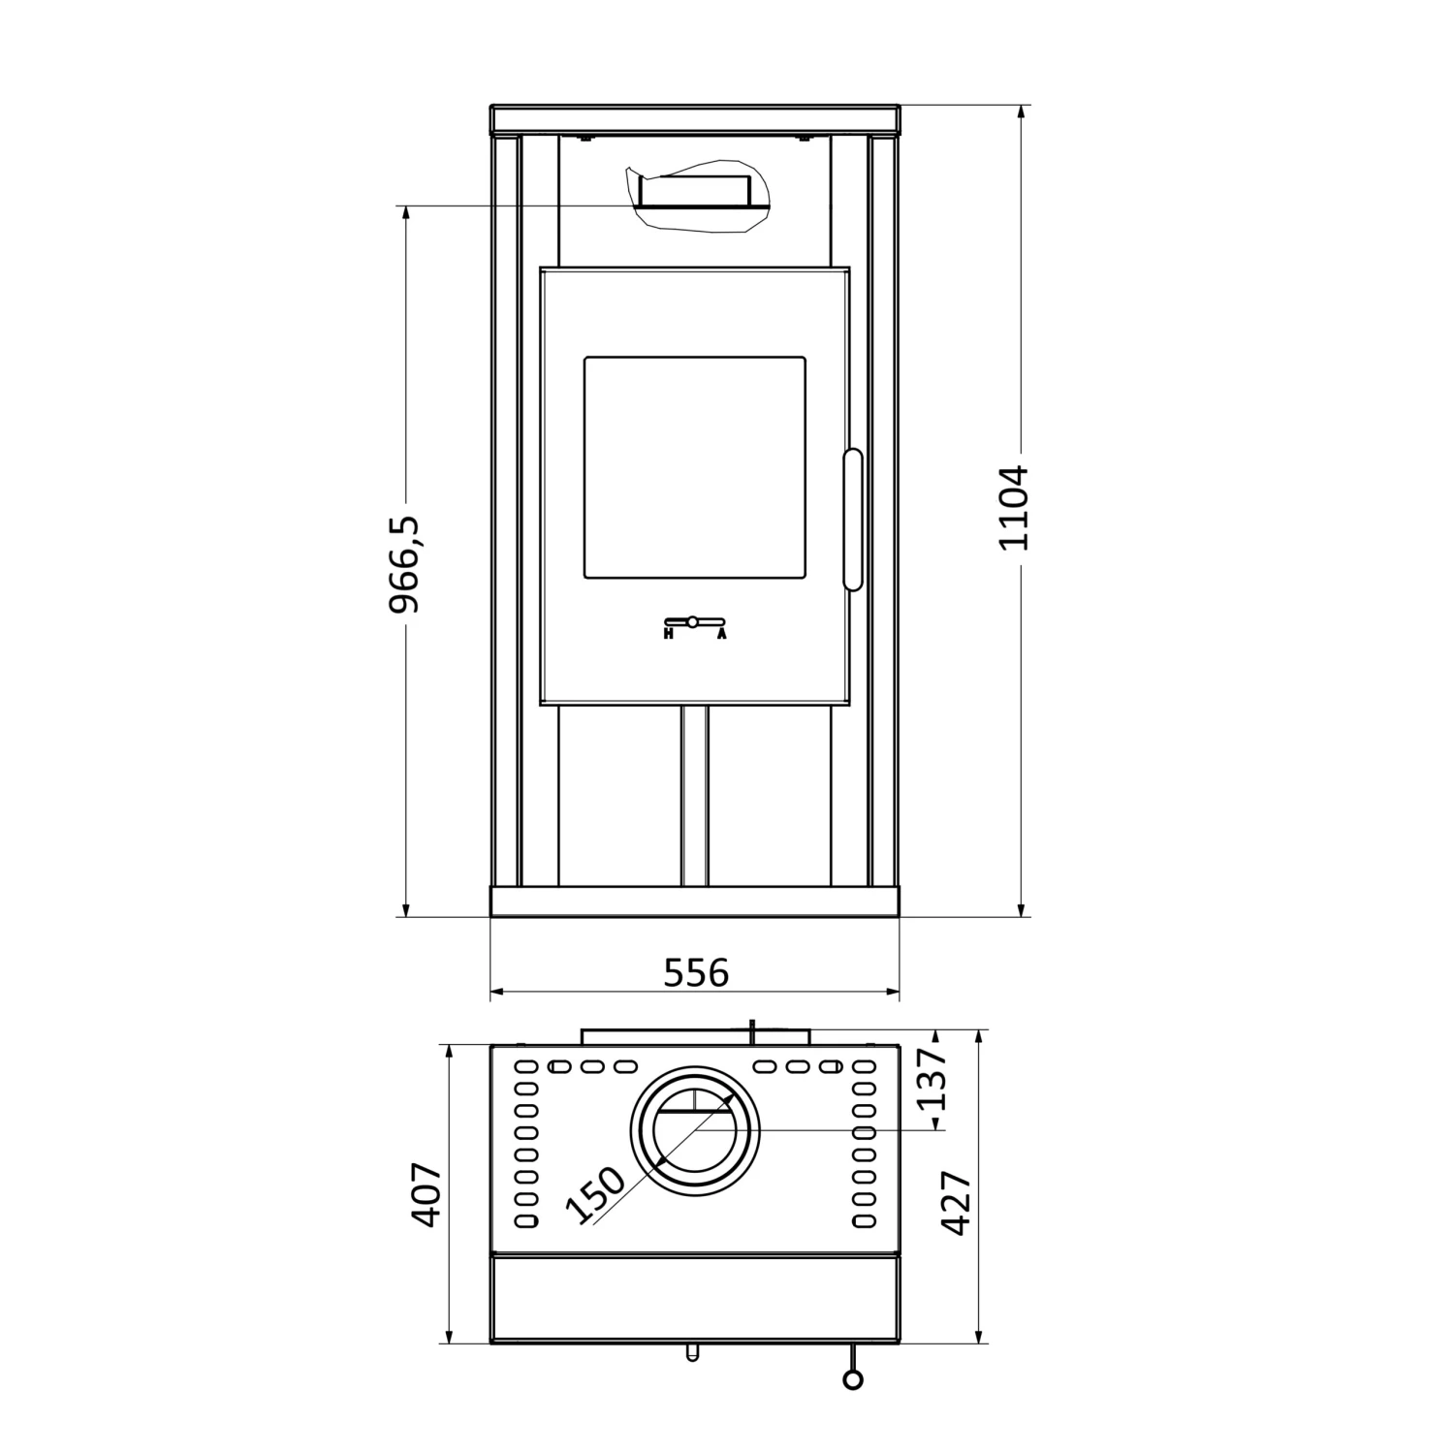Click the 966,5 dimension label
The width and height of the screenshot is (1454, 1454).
click(404, 564)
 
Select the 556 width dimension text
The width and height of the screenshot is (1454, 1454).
click(695, 972)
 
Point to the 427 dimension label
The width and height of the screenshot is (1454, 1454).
click(957, 1203)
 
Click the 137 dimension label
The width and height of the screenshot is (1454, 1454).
click(932, 1079)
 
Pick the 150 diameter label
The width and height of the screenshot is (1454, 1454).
click(594, 1195)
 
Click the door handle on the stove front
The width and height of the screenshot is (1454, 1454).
click(853, 519)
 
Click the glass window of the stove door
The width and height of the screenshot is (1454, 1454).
click(694, 468)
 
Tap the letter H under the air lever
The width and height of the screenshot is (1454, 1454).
click(669, 635)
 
